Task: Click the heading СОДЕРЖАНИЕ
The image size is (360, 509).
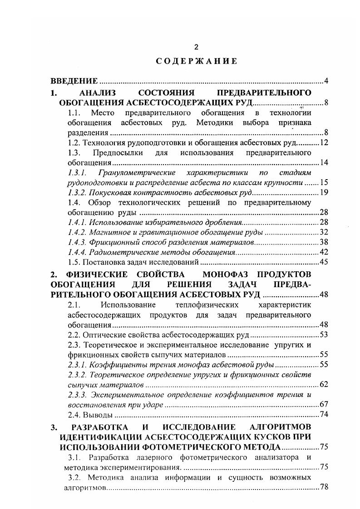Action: pos(193,62)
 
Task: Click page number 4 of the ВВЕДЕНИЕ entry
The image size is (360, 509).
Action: pos(326,82)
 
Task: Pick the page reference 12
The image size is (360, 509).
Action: pos(324,143)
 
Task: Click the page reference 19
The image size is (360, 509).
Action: pos(324,193)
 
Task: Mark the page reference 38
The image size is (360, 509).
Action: pos(324,243)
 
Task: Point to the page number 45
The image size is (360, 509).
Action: pos(324,262)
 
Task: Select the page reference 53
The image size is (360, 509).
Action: pos(324,336)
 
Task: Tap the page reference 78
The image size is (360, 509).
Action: pos(324,487)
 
